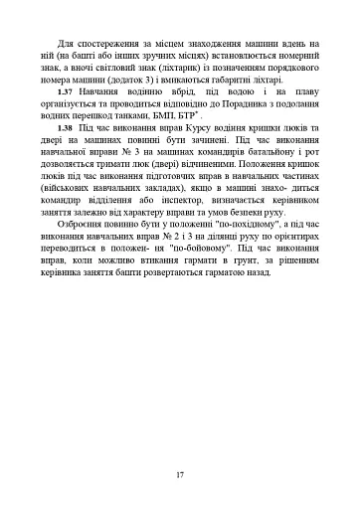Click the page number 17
(180, 474)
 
